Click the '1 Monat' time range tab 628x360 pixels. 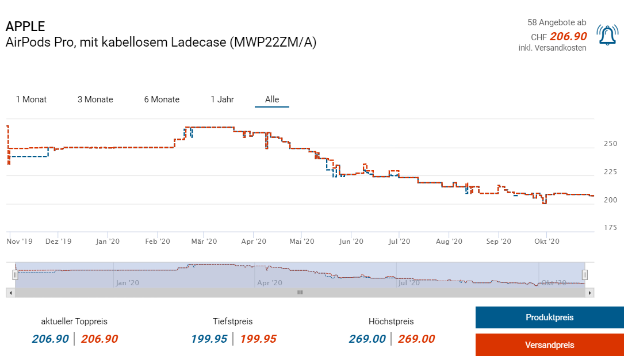(x=31, y=99)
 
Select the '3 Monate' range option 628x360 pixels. (x=95, y=99)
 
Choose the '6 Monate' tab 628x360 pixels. (x=162, y=99)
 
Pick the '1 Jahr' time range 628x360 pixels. (x=222, y=99)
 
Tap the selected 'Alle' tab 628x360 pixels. (x=272, y=99)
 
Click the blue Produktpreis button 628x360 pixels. (x=549, y=317)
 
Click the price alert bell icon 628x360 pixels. (x=607, y=35)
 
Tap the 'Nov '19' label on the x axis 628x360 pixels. (x=20, y=242)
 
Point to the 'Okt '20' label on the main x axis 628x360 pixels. (x=547, y=242)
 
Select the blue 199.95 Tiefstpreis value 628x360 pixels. (x=209, y=339)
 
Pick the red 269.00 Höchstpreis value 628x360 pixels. (x=416, y=339)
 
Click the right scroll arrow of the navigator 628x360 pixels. (x=589, y=293)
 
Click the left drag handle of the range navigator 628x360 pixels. (x=16, y=275)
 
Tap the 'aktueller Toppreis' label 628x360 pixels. (x=74, y=321)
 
